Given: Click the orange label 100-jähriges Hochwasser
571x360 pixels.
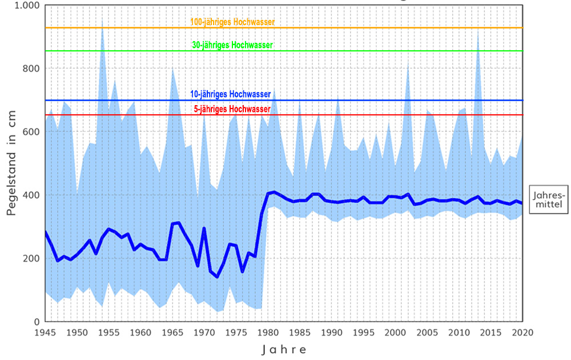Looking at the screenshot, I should pyautogui.click(x=232, y=22).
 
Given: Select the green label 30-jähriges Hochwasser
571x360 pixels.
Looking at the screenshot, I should pyautogui.click(x=232, y=45).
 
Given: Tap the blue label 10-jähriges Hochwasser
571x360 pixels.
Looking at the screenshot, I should pyautogui.click(x=231, y=94).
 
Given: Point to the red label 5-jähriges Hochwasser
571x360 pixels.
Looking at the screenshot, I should pyautogui.click(x=232, y=109).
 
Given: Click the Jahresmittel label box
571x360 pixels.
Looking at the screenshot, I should pyautogui.click(x=546, y=199).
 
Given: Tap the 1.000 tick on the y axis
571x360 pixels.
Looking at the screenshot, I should pyautogui.click(x=25, y=6).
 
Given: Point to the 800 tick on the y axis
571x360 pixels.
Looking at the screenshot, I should pyautogui.click(x=29, y=69).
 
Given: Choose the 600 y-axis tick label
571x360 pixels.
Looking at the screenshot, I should pyautogui.click(x=29, y=132).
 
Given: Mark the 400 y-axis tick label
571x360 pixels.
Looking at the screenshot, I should pyautogui.click(x=29, y=195).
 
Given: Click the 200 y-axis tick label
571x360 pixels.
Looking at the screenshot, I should pyautogui.click(x=29, y=258).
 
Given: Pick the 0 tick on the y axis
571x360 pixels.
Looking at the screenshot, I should pyautogui.click(x=35, y=322).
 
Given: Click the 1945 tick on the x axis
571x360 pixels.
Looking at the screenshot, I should pyautogui.click(x=46, y=332).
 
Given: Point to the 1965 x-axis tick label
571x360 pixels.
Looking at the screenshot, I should pyautogui.click(x=173, y=332).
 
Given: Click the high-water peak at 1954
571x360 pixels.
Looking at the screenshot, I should pyautogui.click(x=102, y=21).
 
